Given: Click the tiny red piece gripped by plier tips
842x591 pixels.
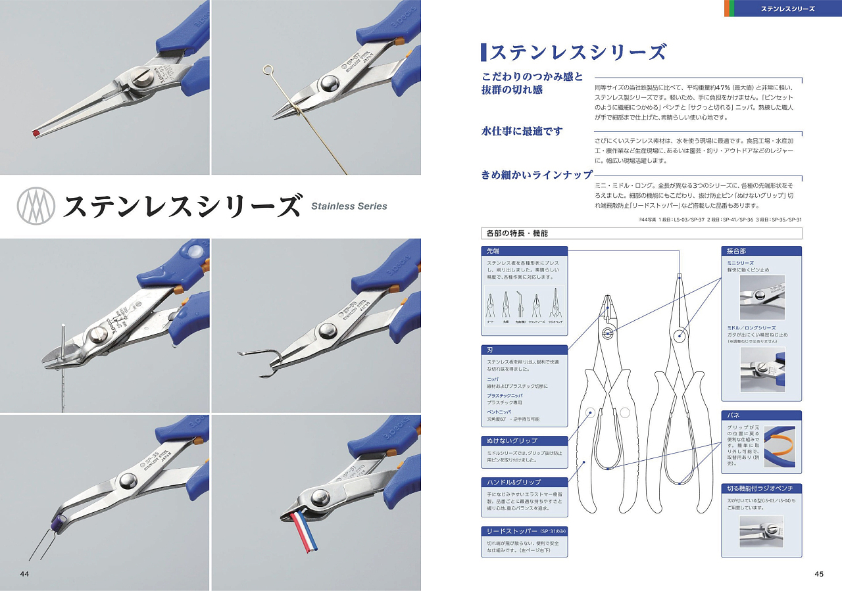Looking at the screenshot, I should (35, 133).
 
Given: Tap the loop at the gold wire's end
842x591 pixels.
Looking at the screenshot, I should (267, 68).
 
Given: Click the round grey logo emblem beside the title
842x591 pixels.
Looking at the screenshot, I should (35, 206).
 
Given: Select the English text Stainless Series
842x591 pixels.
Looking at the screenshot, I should (349, 206).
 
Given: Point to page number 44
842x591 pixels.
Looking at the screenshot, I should (24, 574).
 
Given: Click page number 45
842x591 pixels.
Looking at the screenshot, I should (818, 574).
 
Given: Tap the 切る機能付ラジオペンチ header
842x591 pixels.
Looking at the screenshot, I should (762, 488).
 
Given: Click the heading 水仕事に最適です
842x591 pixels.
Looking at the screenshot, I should (522, 131).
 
